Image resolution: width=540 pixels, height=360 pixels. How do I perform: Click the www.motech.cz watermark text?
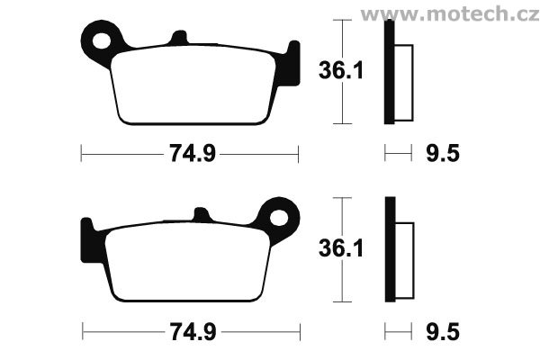coord(450,14)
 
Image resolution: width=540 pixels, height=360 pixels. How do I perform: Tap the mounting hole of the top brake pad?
coord(102,41)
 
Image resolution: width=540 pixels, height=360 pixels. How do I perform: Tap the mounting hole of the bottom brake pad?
coord(279,218)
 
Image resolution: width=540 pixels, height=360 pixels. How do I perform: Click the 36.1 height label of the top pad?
coord(341,70)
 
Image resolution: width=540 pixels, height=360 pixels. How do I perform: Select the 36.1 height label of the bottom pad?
coord(341,248)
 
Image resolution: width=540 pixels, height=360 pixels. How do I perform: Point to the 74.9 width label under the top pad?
coord(193,153)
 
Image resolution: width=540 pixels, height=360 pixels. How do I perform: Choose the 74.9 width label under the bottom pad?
coord(193,332)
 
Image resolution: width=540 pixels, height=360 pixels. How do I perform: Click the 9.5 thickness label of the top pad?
coord(443,153)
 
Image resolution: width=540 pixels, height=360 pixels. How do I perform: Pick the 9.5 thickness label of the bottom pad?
coord(443,332)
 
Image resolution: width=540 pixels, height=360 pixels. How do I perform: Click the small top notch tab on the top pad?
coord(179,37)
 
